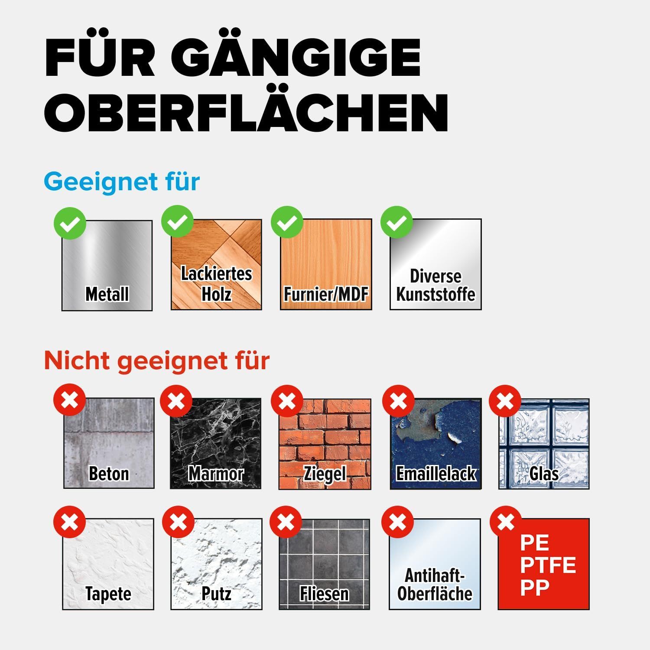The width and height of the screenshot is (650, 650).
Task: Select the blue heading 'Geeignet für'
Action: tap(122, 182)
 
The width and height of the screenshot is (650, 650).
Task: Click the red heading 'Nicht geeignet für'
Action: tap(157, 361)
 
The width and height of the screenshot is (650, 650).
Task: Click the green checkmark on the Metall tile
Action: tap(70, 223)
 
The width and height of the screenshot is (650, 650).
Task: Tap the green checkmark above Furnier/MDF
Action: tap(287, 222)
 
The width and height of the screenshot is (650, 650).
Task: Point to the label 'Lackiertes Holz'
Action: tap(216, 284)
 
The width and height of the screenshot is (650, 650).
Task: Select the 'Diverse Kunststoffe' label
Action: tap(436, 285)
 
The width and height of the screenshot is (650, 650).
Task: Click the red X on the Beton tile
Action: tap(69, 400)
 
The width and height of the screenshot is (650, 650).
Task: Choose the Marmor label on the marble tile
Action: tap(216, 474)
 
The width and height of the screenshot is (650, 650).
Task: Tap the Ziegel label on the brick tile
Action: tap(325, 474)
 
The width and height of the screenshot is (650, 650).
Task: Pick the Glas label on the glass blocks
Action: tap(544, 474)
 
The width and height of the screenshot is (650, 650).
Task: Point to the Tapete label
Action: tap(108, 594)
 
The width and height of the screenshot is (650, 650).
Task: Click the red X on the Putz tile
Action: tap(178, 521)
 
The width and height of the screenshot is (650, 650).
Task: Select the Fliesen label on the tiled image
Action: tap(325, 594)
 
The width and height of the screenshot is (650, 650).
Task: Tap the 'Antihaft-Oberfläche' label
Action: tap(435, 585)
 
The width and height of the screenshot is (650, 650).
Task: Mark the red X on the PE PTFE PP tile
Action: tap(506, 521)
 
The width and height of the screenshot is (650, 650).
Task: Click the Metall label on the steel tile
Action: tap(107, 294)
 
